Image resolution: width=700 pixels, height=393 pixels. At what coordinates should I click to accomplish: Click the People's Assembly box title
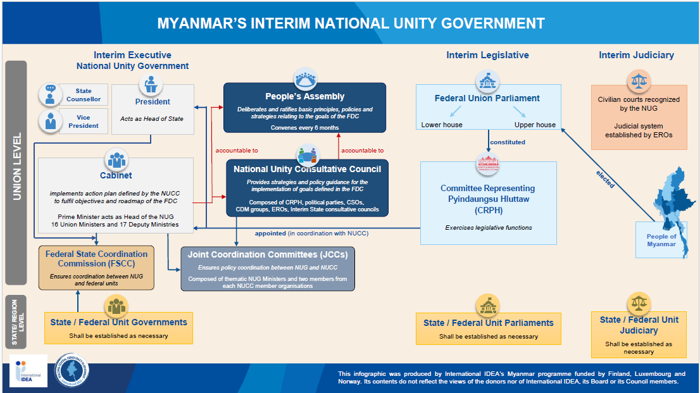pyautogui.click(x=304, y=97)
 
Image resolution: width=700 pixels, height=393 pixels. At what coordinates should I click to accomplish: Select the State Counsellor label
pyautogui.click(x=84, y=95)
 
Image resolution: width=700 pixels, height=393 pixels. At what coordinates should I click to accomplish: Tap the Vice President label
pyautogui.click(x=84, y=122)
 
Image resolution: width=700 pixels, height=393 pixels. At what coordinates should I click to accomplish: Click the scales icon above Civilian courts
pyautogui.click(x=639, y=80)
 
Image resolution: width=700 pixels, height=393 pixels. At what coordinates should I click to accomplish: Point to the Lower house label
pyautogui.click(x=442, y=125)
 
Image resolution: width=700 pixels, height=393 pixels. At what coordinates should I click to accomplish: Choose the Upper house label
pyautogui.click(x=535, y=125)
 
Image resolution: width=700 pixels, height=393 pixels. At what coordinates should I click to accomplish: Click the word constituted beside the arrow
pyautogui.click(x=508, y=142)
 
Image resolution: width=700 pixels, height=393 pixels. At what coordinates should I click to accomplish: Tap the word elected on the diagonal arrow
pyautogui.click(x=605, y=180)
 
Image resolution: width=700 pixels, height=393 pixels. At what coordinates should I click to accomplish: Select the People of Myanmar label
pyautogui.click(x=661, y=240)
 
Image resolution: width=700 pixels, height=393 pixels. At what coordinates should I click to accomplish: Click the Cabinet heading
pyautogui.click(x=116, y=175)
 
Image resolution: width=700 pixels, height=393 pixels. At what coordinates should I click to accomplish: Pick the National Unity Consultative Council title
pyautogui.click(x=307, y=169)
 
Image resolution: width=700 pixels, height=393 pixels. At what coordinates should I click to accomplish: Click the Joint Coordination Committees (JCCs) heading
pyautogui.click(x=268, y=254)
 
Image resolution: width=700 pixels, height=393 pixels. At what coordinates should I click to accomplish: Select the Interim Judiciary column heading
pyautogui.click(x=636, y=55)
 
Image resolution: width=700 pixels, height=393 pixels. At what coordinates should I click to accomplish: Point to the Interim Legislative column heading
pyautogui.click(x=487, y=55)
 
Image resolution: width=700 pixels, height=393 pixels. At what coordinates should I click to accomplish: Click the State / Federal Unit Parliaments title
pyautogui.click(x=489, y=323)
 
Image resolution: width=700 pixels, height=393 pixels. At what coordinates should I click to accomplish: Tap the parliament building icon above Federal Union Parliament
pyautogui.click(x=488, y=80)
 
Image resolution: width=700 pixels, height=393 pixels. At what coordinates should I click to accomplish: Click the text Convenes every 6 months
pyautogui.click(x=304, y=128)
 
